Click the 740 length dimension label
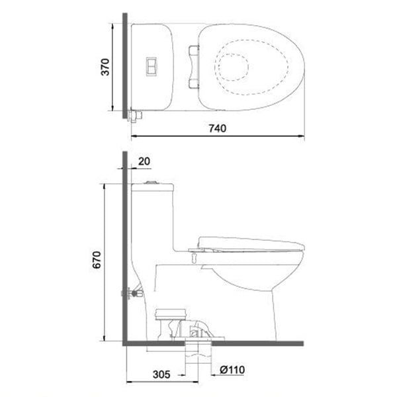click(x=217, y=129)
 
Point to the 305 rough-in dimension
click(x=160, y=374)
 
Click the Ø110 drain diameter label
click(x=234, y=374)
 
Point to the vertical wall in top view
click(x=124, y=66)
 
